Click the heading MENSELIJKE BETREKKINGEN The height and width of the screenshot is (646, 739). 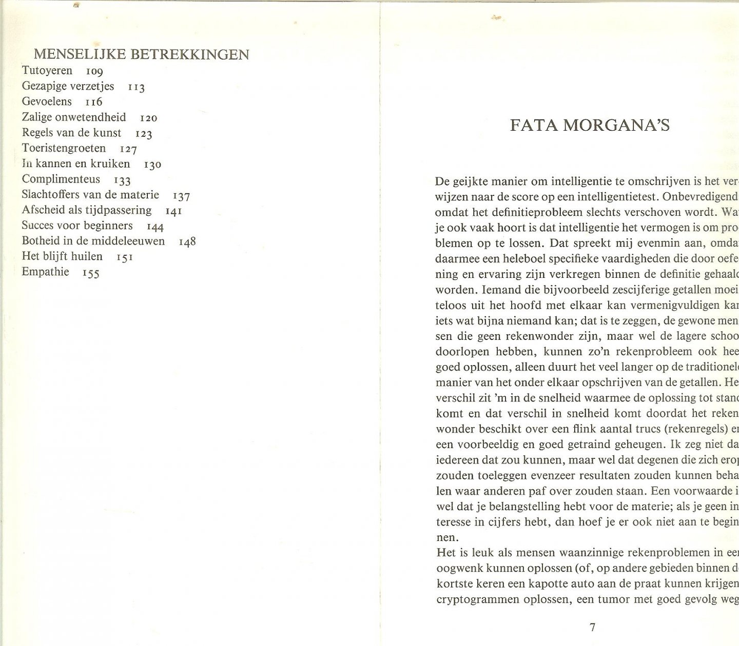(x=141, y=54)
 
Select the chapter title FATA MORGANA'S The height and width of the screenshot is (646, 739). (x=590, y=126)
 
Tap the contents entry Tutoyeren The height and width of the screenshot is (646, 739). (x=47, y=71)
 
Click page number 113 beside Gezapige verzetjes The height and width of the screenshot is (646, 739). (x=137, y=87)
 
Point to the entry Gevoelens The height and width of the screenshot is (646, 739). (x=47, y=102)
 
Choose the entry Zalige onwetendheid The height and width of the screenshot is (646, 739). (x=74, y=117)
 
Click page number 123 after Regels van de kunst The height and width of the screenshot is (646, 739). (x=144, y=134)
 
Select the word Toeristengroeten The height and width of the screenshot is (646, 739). (x=64, y=148)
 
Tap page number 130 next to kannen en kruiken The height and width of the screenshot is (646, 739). (x=153, y=165)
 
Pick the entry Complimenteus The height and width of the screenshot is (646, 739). (x=61, y=179)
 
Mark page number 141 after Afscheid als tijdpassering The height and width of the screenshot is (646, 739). (x=173, y=211)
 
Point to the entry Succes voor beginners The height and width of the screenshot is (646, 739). (x=77, y=226)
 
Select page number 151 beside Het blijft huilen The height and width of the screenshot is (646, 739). (x=125, y=257)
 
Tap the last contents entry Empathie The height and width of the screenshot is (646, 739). (x=45, y=272)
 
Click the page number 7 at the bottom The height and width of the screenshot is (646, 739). (x=593, y=627)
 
